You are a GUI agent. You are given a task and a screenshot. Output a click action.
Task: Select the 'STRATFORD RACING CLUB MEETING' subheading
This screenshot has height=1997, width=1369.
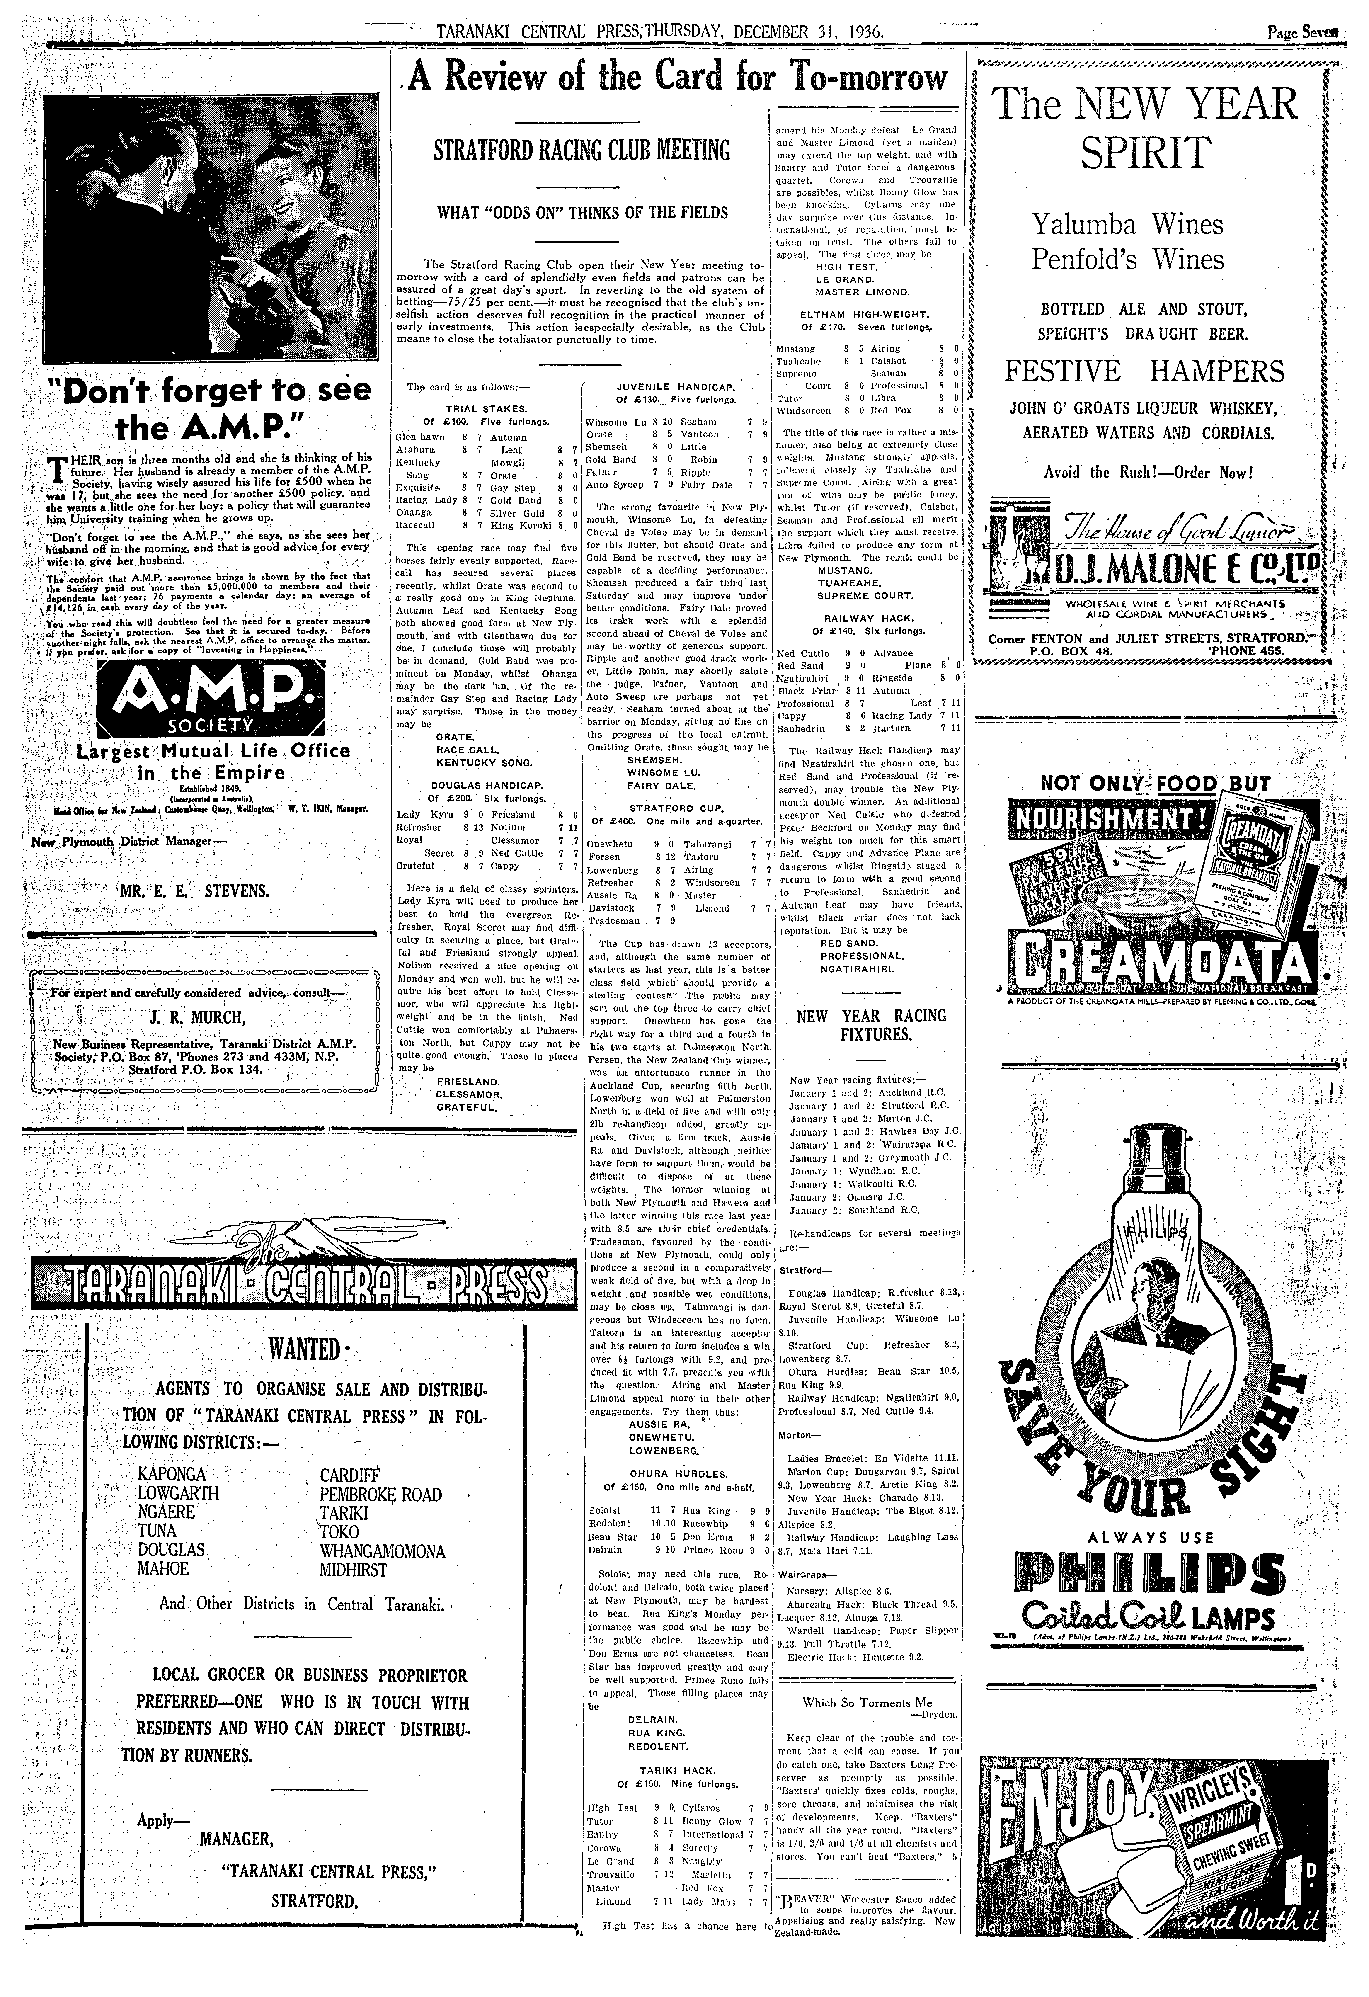coord(581,151)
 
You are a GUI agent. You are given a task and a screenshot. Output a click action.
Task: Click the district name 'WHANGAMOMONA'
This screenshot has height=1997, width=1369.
coord(383,1551)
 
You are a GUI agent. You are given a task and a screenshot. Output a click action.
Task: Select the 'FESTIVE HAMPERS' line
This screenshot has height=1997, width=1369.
coord(1145,371)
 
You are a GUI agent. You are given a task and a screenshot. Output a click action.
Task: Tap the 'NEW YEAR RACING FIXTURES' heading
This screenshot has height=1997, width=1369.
coord(871,1024)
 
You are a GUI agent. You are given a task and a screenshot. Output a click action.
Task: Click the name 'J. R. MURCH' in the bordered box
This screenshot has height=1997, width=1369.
coord(197,1018)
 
